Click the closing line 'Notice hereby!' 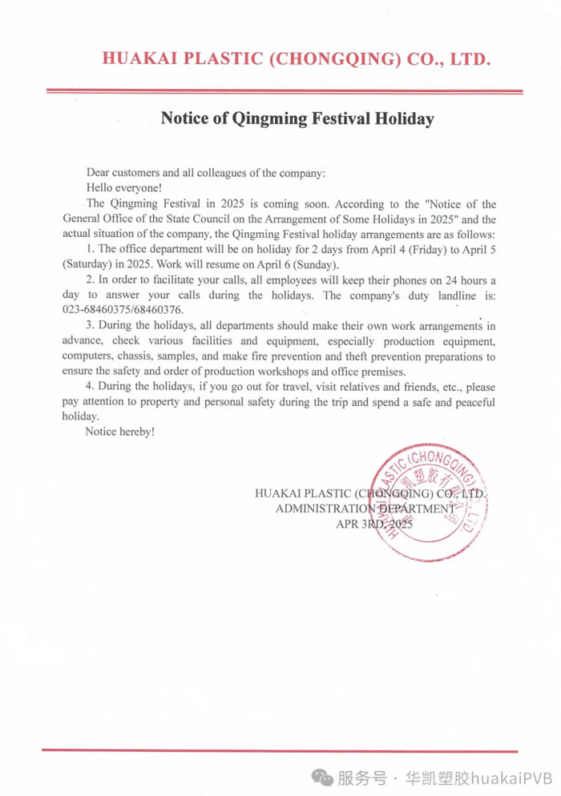pyautogui.click(x=119, y=432)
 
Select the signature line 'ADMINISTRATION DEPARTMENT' pyautogui.click(x=365, y=509)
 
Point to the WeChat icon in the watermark pyautogui.click(x=324, y=776)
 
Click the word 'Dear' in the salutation pyautogui.click(x=98, y=173)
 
